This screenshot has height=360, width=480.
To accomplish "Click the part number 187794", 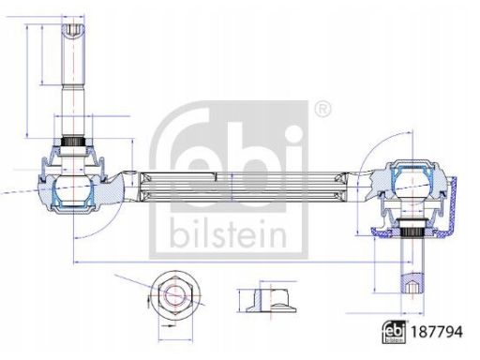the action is [x=436, y=332].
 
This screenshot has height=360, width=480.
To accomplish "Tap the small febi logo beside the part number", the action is [x=394, y=332].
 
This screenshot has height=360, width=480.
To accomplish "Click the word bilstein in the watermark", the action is [x=228, y=233].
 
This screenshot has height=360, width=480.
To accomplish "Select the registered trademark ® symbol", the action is [x=322, y=109].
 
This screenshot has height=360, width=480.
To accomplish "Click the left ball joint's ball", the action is [x=73, y=189].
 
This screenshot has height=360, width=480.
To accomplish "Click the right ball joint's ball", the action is [x=412, y=185].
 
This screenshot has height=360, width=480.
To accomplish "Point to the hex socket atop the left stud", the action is [x=73, y=31].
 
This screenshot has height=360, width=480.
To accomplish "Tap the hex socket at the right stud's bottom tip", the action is [x=412, y=287].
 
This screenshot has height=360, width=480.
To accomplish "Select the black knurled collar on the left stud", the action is [x=73, y=142].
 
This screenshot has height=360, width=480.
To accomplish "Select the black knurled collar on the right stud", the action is [x=412, y=232].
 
